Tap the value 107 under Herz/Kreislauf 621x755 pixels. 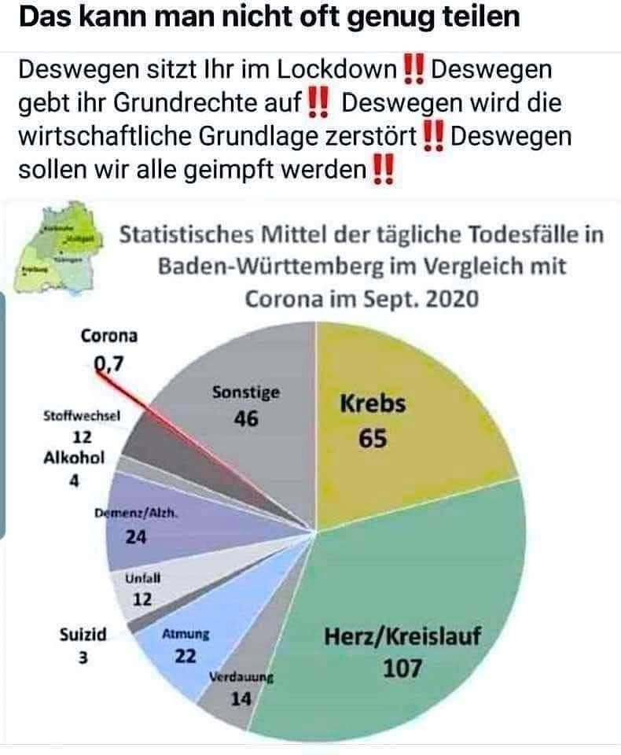point(402,668)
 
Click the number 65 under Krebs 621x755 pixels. point(373,439)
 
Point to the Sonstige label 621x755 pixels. point(246,392)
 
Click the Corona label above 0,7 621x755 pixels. point(109,336)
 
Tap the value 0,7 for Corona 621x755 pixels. point(109,363)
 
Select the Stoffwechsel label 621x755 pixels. point(81,418)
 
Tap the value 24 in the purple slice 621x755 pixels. point(136,539)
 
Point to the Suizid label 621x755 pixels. point(83,633)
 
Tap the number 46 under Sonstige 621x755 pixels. point(246,419)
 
